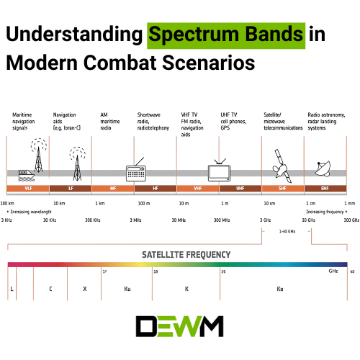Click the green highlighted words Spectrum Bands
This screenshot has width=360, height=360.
point(225,34)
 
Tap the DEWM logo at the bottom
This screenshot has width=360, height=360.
point(179,326)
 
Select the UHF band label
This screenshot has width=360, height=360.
point(240,189)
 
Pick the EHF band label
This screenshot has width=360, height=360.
point(325,189)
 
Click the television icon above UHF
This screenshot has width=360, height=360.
point(219,171)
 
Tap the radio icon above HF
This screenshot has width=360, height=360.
point(137,171)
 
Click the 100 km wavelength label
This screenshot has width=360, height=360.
point(9,204)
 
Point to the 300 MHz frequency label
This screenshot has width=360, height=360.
point(222,220)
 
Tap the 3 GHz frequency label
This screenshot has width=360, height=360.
point(266,220)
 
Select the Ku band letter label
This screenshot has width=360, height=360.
point(127,288)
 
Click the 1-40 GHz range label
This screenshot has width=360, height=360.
point(287,231)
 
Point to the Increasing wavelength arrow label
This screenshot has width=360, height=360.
point(30,212)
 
